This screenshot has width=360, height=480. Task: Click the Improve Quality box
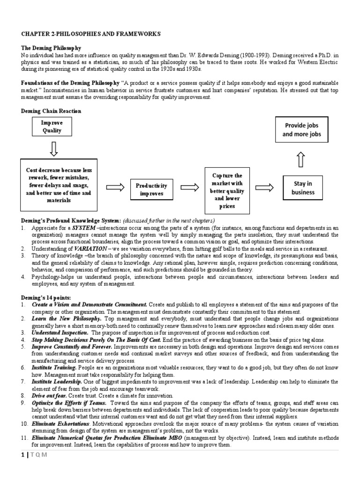point(52,127)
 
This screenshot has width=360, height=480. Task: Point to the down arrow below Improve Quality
point(53,149)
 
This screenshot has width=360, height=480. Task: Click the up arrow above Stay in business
point(301,160)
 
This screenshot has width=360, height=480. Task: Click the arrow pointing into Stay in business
point(264,187)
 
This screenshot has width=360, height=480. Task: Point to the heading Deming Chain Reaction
point(51,111)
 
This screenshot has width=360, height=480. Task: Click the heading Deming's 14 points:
point(45,298)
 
